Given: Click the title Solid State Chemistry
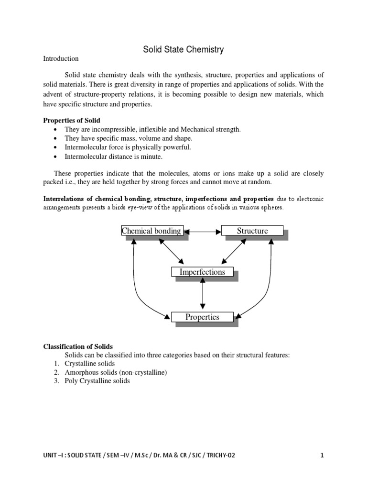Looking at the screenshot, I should click(183, 49).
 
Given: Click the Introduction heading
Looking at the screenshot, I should click(61, 59).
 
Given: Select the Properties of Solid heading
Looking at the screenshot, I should click(72, 120).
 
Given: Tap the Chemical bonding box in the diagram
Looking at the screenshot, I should click(152, 231).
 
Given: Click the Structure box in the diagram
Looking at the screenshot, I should click(252, 231).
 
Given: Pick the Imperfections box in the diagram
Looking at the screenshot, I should click(202, 272).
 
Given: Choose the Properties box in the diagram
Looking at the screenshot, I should click(202, 317).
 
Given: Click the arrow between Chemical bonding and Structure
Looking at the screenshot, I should click(202, 232).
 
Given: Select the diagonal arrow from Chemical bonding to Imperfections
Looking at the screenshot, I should click(171, 251).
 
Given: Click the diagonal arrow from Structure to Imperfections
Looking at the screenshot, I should click(233, 251).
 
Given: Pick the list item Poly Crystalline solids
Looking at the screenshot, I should click(97, 381).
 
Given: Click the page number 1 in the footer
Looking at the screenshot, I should click(322, 456).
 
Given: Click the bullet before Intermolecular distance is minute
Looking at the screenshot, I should click(56, 156).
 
